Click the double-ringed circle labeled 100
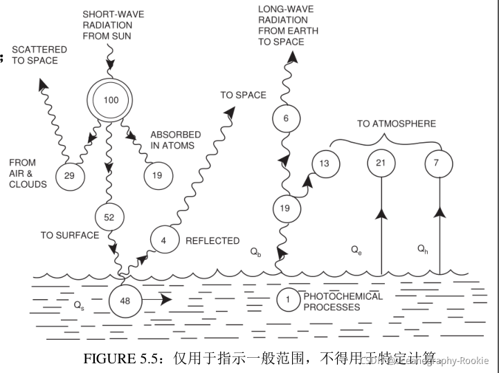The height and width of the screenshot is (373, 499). [x=111, y=100]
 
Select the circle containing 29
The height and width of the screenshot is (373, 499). [x=69, y=175]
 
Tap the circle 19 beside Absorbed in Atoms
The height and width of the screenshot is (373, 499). [x=158, y=175]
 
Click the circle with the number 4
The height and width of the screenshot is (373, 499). [x=164, y=241]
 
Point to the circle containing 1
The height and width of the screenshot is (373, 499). [x=287, y=300]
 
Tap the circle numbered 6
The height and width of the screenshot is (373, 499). [x=286, y=118]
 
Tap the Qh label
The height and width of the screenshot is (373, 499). [x=423, y=248]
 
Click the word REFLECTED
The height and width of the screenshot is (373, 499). [x=212, y=241]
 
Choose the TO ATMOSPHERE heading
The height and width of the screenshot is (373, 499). [x=397, y=124]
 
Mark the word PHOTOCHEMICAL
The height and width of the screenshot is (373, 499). [x=343, y=296]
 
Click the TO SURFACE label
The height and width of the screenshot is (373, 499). [x=70, y=235]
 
